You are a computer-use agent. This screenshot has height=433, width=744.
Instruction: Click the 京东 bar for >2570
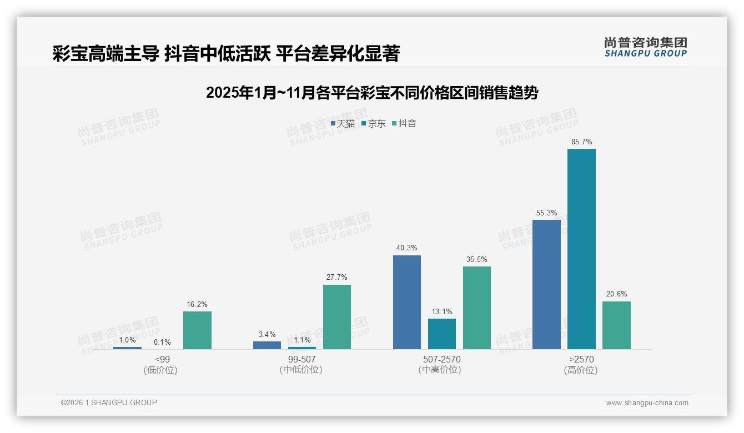581,249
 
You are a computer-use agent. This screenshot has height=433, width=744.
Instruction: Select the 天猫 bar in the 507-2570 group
406,302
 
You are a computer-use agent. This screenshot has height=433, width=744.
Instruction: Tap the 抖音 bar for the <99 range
197,330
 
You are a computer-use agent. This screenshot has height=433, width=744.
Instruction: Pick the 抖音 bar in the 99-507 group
337,317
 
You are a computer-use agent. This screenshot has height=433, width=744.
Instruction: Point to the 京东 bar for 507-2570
442,334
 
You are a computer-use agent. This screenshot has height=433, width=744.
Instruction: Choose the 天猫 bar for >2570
546,284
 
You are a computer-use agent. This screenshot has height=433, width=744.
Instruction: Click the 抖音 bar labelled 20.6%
616,325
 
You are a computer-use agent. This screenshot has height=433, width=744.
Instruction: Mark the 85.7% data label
581,142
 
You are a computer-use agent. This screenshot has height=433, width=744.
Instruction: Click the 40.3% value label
406,248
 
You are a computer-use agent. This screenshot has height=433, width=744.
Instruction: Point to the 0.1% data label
162,343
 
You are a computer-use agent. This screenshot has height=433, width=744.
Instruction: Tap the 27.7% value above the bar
337,278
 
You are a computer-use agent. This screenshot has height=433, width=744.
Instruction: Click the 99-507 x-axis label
301,360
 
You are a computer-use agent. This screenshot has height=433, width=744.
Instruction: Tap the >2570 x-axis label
581,360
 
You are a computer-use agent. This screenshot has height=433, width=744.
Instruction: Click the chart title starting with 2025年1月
372,93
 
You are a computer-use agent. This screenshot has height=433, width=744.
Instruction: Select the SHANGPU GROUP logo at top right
645,47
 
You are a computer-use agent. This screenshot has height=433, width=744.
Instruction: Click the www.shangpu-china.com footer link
647,403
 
